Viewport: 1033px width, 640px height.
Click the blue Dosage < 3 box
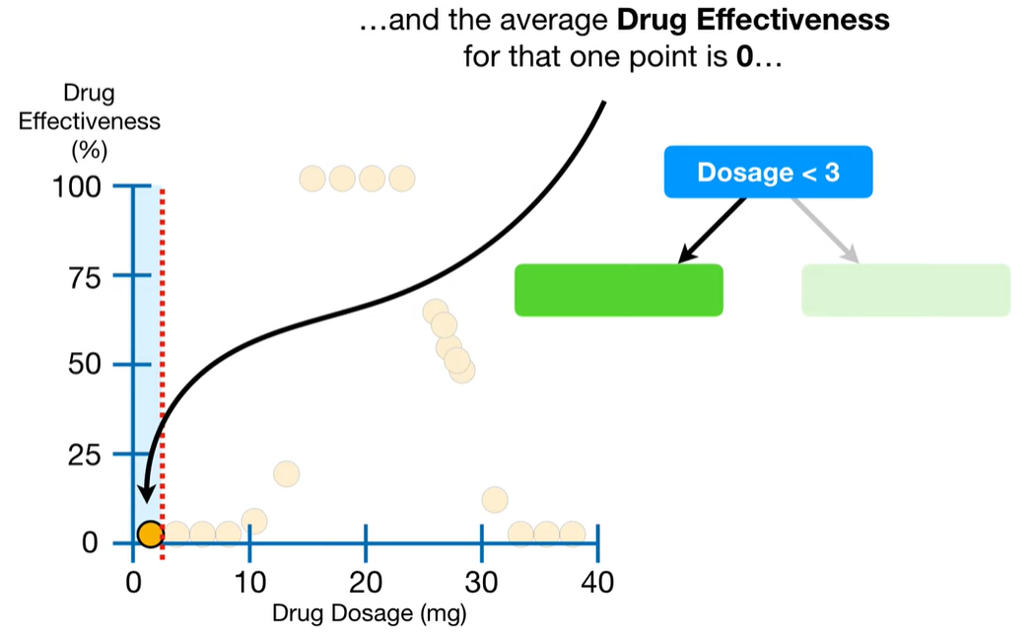click(x=768, y=172)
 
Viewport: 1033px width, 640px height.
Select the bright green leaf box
click(x=618, y=290)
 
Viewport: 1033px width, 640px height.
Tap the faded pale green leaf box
click(x=905, y=290)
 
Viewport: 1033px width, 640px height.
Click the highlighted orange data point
click(x=150, y=533)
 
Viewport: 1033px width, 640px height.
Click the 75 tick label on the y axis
click(x=84, y=277)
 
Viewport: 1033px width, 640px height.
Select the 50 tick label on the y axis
click(x=84, y=365)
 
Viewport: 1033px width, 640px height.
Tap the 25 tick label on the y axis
click(x=84, y=455)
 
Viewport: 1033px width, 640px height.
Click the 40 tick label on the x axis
click(x=597, y=583)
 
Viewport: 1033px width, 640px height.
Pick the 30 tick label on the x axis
click(x=482, y=583)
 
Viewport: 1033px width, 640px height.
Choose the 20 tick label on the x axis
click(x=366, y=583)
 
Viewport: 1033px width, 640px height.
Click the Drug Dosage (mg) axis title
click(x=369, y=614)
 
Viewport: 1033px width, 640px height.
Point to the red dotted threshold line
click(x=162, y=345)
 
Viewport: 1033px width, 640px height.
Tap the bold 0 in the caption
click(x=744, y=58)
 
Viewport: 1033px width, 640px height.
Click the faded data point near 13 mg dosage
click(x=286, y=474)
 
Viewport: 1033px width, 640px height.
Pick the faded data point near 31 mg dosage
click(x=495, y=500)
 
